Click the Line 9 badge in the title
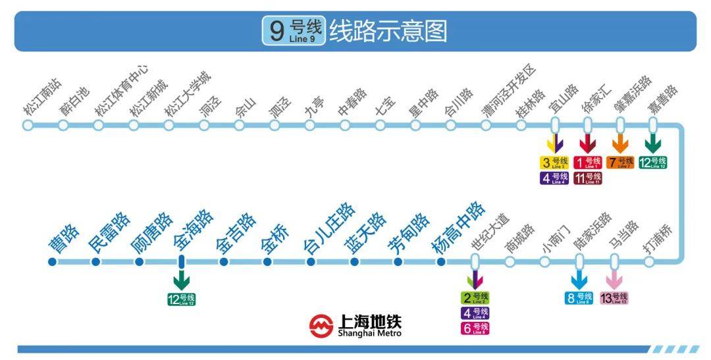294,31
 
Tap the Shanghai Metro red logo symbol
322,326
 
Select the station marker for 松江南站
28,125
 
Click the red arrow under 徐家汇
587,144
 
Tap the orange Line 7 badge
620,162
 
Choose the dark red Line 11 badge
587,178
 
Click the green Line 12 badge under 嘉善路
653,162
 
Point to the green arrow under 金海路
181,281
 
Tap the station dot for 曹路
53,262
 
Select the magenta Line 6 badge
475,328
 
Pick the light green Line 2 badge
475,298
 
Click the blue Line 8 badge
579,298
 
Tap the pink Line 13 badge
614,298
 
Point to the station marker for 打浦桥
649,262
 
